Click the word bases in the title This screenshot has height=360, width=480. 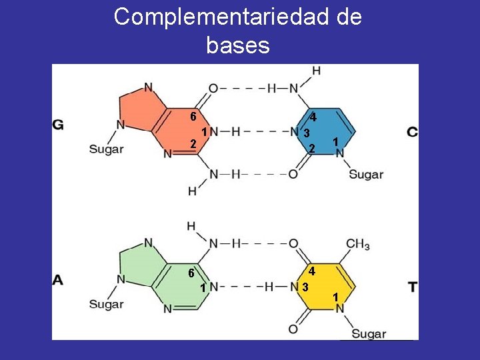point(238,47)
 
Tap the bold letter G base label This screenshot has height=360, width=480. point(58,124)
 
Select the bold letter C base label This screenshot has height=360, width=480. point(413,132)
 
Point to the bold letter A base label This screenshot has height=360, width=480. point(58,280)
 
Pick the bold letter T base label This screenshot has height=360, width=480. point(413,287)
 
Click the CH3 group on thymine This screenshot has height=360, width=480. point(357,245)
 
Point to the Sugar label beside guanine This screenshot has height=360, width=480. point(106,149)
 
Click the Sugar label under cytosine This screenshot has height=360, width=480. point(366,175)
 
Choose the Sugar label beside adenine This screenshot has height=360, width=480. point(106,305)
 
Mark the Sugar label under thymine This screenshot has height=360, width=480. point(369,333)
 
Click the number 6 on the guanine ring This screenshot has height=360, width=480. point(192,116)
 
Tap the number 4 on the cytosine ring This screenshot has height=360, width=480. point(313,118)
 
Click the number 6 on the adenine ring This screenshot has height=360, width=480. point(191,273)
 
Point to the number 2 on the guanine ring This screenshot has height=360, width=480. point(193,144)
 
